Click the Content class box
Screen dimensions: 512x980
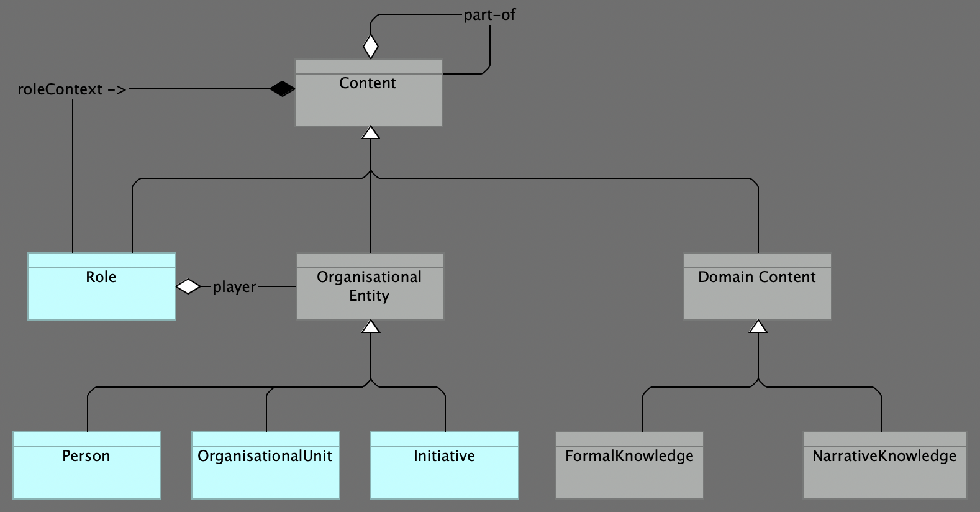tap(368, 93)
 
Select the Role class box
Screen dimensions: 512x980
tap(101, 287)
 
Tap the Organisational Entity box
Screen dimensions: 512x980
tap(370, 287)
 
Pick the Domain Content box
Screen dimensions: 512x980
tap(757, 287)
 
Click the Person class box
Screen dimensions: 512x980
tap(86, 466)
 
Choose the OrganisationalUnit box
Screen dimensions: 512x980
tap(265, 466)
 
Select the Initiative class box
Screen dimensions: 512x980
tap(444, 466)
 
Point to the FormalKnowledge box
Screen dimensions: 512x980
tap(629, 466)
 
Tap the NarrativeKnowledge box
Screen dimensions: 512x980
tap(884, 466)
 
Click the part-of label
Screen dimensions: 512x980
tap(489, 15)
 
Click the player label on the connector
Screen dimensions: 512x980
tap(234, 287)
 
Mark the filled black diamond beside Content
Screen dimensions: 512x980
tap(282, 89)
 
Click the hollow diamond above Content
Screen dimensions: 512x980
tap(371, 47)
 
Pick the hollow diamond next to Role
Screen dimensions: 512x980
tap(188, 286)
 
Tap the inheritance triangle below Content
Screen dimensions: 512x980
tap(371, 132)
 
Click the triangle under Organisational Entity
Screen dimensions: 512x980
tap(371, 326)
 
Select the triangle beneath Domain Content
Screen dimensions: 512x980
tap(758, 326)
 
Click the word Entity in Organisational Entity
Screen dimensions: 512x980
tap(369, 296)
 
